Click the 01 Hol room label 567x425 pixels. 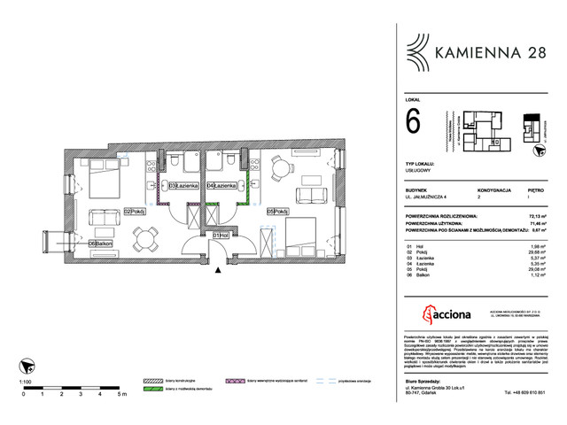click(221, 236)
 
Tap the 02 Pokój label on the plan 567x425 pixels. click(134, 212)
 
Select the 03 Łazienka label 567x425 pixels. click(182, 187)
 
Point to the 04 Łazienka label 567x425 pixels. click(221, 187)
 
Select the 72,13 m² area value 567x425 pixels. click(537, 215)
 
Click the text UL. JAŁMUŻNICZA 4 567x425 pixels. click(430, 197)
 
